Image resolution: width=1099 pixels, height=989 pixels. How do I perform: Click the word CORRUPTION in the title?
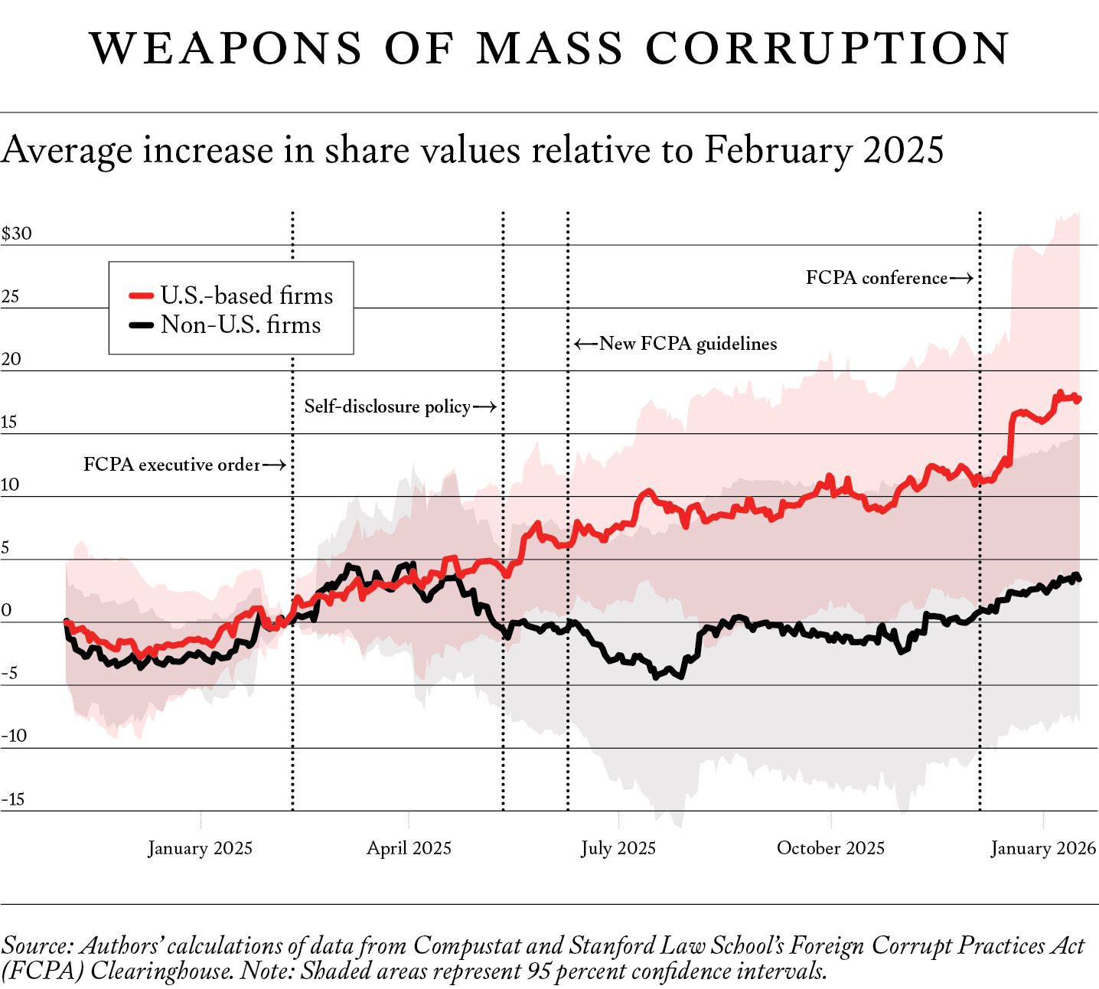click(x=827, y=48)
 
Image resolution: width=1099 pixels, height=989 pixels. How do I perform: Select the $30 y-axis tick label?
click(x=17, y=233)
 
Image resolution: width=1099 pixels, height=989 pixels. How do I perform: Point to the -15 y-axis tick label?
click(x=13, y=799)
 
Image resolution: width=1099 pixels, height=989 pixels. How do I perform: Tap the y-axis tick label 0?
click(x=7, y=610)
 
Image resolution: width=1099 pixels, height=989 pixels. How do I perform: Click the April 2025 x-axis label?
click(x=409, y=848)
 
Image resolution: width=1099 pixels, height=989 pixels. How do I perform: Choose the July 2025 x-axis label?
click(x=618, y=848)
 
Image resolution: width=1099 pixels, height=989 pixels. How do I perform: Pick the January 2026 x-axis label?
click(x=1043, y=848)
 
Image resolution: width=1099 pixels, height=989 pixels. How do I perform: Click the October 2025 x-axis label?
click(x=830, y=848)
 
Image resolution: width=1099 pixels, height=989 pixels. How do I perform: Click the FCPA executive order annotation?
click(x=171, y=465)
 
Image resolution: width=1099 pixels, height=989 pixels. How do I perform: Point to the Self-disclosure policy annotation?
click(x=387, y=406)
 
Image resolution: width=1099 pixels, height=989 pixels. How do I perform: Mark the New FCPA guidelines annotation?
click(x=688, y=344)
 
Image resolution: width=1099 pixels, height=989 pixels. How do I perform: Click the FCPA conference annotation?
click(x=876, y=278)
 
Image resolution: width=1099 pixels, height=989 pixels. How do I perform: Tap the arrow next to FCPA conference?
click(x=962, y=278)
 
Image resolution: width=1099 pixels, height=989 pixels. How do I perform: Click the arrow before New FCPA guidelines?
click(x=586, y=344)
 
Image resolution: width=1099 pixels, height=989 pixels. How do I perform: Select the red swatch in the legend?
click(x=142, y=295)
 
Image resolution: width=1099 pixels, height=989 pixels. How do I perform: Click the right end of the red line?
click(x=1078, y=399)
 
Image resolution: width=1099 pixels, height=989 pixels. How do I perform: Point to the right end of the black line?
click(x=1078, y=578)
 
